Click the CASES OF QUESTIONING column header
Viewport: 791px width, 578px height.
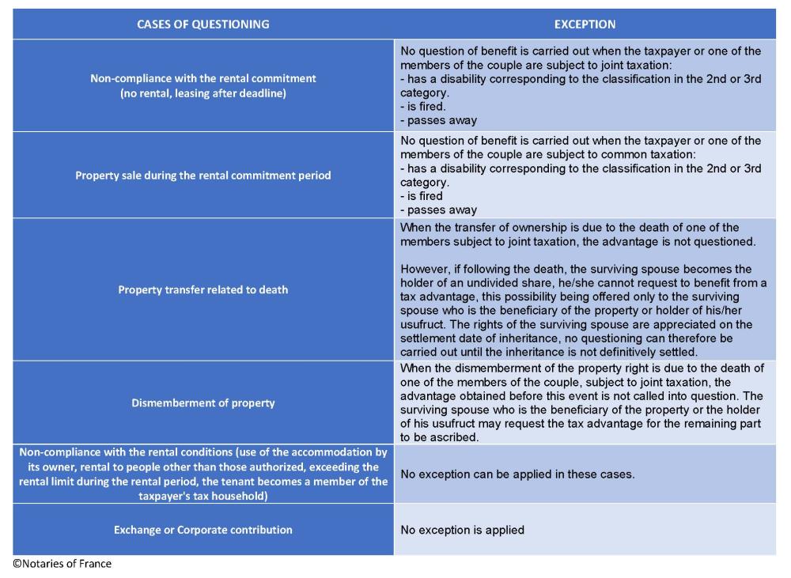202,25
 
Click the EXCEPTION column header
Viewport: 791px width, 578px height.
585,25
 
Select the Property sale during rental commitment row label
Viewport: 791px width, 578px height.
202,176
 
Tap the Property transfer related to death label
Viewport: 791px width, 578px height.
202,289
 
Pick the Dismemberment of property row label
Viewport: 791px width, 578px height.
202,402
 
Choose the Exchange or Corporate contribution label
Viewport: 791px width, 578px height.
202,530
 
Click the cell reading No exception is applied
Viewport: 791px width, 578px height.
462,530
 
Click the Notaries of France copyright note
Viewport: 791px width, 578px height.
62,564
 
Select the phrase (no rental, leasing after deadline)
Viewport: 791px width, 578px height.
202,93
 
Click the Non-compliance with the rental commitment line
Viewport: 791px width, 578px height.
202,78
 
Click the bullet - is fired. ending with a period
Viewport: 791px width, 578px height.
423,107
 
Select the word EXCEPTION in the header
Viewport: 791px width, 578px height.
585,25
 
